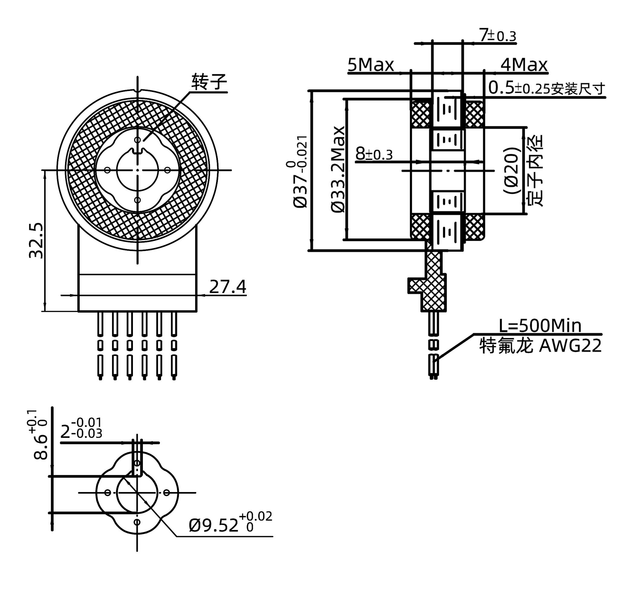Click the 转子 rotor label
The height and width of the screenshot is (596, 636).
(x=209, y=82)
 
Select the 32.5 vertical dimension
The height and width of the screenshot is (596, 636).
(x=36, y=240)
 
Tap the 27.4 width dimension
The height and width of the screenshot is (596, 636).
(x=228, y=287)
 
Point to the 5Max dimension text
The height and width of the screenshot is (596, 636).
(x=370, y=65)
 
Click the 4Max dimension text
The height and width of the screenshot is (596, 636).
(x=524, y=65)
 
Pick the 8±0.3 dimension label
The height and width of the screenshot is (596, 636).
(x=374, y=154)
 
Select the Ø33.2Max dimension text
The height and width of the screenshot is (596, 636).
(x=338, y=169)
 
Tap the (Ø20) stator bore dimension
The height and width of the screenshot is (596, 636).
(x=511, y=170)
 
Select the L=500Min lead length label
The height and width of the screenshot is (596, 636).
(x=540, y=326)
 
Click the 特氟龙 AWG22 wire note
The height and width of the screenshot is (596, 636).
(x=540, y=346)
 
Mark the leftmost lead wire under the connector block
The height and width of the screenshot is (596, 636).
(x=100, y=346)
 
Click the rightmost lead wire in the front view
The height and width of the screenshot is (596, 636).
(x=174, y=346)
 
